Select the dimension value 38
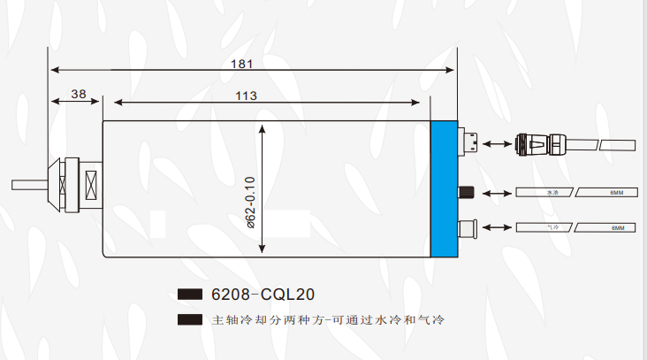coord(78,93)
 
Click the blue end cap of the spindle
coord(444,188)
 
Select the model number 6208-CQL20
coord(263,294)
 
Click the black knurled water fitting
coord(466,192)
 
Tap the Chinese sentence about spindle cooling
coord(327,319)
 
